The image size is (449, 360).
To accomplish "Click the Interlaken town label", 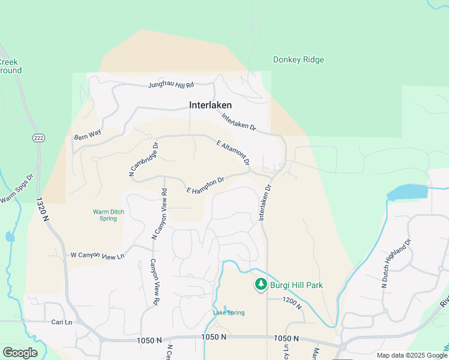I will tap(210, 105).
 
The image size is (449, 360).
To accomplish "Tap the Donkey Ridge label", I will tap(298, 59).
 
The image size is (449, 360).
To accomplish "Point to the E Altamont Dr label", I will tap(232, 153).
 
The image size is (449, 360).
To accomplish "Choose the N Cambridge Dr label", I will tap(143, 158).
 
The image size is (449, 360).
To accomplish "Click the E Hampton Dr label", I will tap(205, 185).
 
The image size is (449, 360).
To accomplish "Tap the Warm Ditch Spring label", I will tap(108, 215).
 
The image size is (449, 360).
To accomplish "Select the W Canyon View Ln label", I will tap(97, 254).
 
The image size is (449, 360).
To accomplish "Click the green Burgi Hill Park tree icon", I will tap(261, 284).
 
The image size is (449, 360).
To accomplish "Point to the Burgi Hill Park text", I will tap(297, 285).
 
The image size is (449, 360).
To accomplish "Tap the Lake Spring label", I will tap(229, 313).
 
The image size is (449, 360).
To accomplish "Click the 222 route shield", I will tap(38, 138).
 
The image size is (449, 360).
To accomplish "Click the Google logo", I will tap(20, 353).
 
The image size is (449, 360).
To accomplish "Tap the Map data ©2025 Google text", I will tap(412, 355).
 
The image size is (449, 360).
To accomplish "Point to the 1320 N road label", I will tap(43, 210).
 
